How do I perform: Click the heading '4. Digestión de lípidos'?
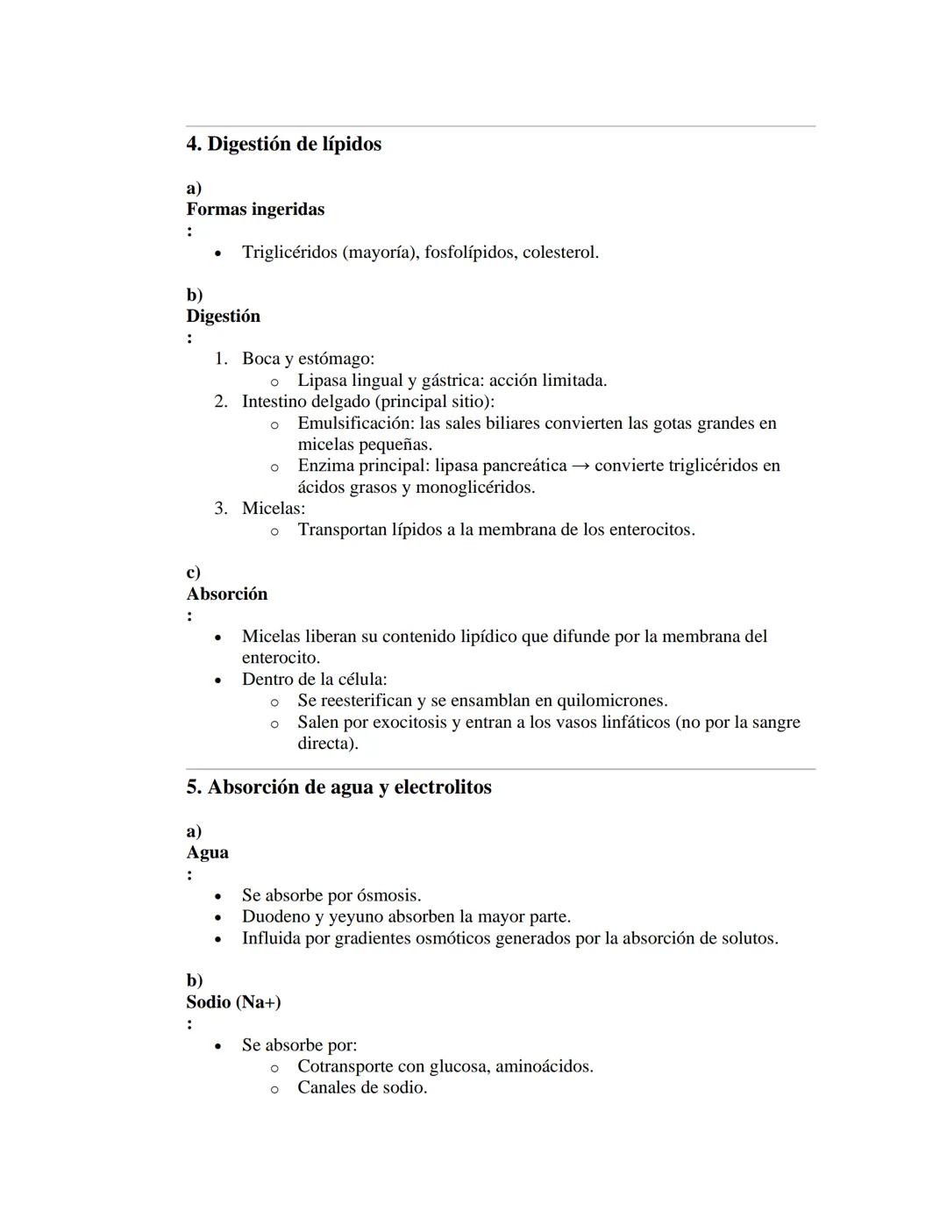283,144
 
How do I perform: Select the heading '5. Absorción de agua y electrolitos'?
338,787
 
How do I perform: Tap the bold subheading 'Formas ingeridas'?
255,210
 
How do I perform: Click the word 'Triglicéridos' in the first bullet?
289,253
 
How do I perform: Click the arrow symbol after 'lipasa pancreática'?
580,466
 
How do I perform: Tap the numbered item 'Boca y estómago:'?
308,359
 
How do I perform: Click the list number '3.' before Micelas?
222,509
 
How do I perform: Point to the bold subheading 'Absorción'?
227,595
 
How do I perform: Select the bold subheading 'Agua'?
207,853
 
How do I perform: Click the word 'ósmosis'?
388,895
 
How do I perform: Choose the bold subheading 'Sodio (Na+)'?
233,1002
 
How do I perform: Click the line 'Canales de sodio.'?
362,1088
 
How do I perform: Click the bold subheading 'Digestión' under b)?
223,317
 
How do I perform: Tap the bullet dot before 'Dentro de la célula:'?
218,680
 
